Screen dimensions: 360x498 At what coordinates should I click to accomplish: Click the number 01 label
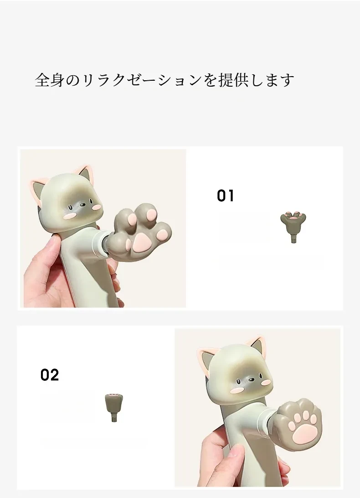pyautogui.click(x=226, y=196)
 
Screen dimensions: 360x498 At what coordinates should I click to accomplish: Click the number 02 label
pyautogui.click(x=50, y=375)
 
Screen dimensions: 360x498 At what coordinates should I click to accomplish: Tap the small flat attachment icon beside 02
pyautogui.click(x=113, y=408)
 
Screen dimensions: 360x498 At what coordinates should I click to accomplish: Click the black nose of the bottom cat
pyautogui.click(x=252, y=379)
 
